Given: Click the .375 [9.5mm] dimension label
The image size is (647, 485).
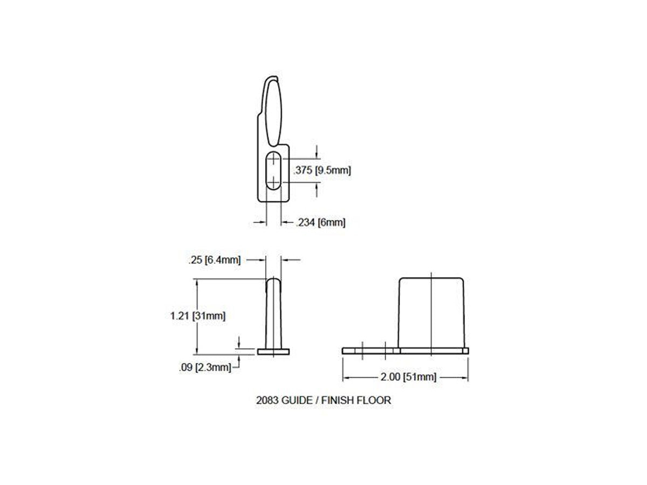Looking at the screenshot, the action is click(x=322, y=170).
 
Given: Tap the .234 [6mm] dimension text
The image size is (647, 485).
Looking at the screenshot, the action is click(x=321, y=223).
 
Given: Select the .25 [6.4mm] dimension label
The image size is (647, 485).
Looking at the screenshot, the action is click(x=214, y=260).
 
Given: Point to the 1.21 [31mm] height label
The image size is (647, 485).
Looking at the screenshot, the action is click(x=198, y=316).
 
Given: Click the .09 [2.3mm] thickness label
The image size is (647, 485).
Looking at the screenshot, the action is click(x=205, y=367).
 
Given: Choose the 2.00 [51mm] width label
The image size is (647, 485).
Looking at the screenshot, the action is click(x=408, y=377).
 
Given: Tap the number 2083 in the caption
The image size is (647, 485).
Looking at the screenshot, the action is click(x=267, y=400).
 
